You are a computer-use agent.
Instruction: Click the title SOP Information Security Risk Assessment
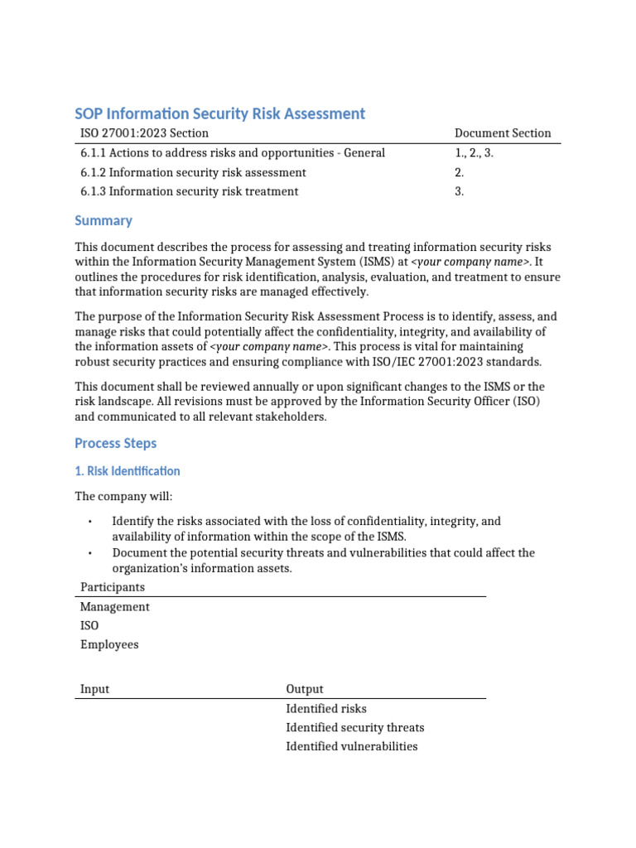(219, 113)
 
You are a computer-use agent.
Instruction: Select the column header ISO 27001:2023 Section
(144, 133)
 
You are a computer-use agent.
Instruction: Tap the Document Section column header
(503, 133)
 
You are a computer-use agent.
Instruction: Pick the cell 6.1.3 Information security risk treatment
(189, 191)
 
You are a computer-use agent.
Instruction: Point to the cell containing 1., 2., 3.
(474, 153)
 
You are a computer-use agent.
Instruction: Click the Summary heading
(104, 220)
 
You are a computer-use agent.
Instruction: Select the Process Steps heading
(115, 443)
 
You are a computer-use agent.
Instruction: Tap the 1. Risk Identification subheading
(127, 471)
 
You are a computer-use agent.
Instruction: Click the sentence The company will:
(123, 497)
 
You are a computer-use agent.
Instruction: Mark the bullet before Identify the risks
(89, 522)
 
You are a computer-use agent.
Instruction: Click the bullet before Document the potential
(89, 553)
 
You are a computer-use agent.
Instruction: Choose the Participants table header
(112, 587)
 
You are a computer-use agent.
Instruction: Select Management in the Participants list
(115, 607)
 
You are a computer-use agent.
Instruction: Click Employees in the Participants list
(109, 645)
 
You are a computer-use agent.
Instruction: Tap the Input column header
(94, 689)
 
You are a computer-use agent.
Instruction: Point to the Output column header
(305, 689)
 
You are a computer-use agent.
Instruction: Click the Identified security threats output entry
(354, 728)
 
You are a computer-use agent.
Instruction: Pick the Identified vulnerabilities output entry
(351, 747)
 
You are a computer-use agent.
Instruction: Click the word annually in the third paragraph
(275, 387)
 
